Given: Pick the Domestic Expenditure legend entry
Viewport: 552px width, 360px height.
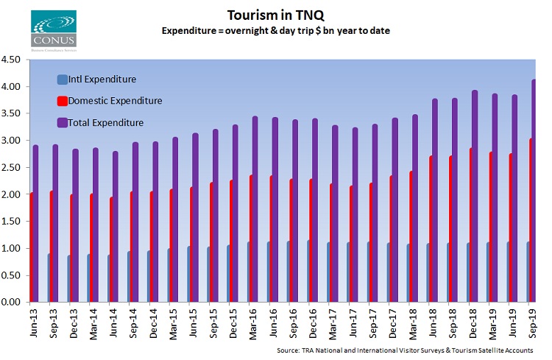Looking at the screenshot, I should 114,100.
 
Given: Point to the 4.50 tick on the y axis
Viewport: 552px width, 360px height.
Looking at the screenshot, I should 14,60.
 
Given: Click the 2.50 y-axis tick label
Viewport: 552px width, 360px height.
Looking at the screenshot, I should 14,168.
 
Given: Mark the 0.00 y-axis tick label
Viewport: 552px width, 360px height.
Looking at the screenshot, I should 14,302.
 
